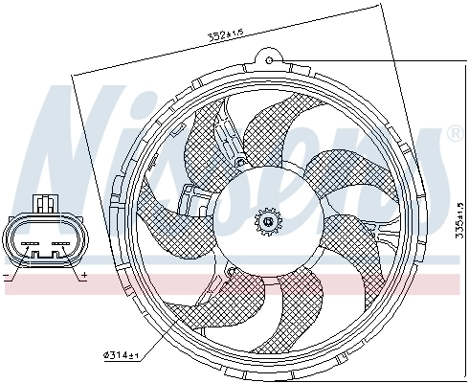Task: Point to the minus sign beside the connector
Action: tap(6, 275)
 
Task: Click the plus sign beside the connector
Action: tap(84, 276)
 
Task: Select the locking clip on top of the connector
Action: tap(44, 203)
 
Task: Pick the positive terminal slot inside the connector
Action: tap(60, 244)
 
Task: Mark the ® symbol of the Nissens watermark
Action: tap(454, 135)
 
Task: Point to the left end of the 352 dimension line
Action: tap(74, 76)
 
